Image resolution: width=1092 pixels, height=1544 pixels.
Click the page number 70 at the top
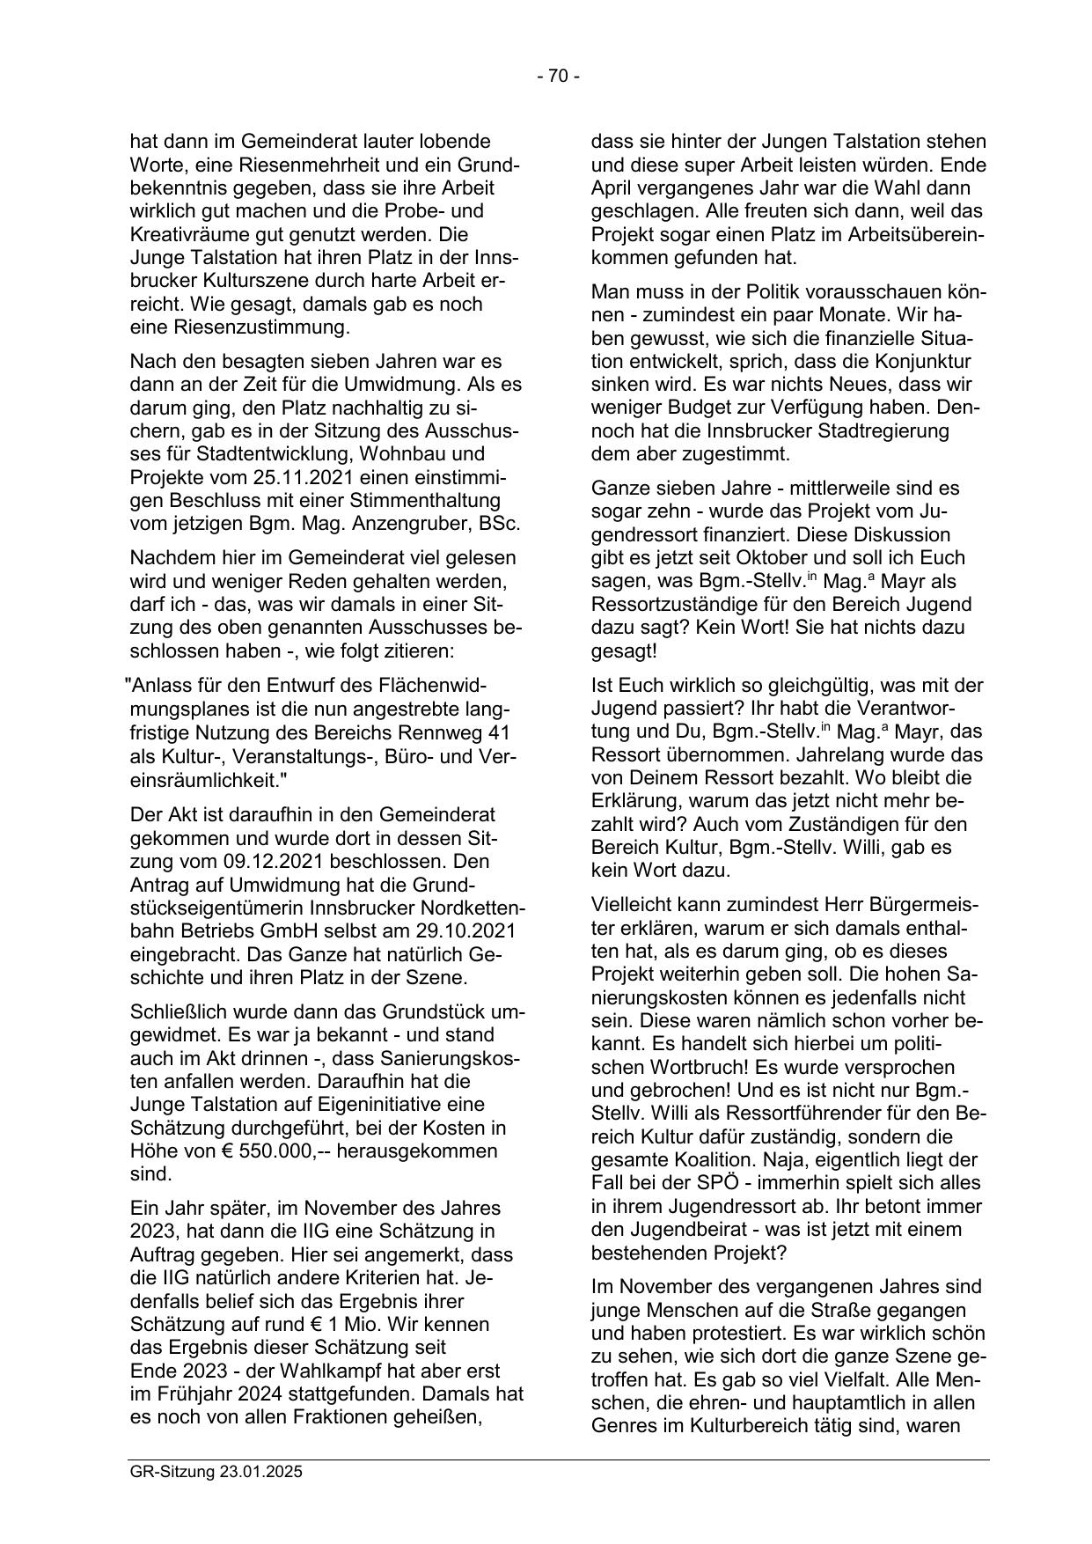pos(558,77)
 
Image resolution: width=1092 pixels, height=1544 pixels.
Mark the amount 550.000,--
pos(261,1151)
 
